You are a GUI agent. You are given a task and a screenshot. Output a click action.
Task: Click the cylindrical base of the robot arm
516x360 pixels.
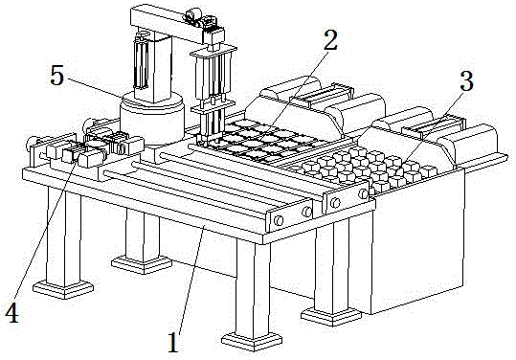tap(150, 120)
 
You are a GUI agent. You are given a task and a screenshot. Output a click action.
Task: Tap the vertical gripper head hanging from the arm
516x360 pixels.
tap(211, 86)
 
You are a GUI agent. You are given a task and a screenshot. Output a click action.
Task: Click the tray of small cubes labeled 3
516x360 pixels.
tap(364, 168)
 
